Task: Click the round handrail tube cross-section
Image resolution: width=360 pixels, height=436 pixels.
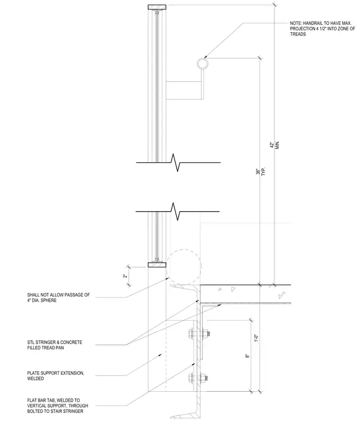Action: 203,64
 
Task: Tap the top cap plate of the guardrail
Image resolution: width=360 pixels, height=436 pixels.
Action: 157,7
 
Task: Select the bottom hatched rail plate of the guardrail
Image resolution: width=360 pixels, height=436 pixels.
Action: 157,264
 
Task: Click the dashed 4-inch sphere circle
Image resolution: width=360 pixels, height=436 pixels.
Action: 184,267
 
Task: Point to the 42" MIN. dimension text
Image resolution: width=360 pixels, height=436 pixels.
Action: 274,145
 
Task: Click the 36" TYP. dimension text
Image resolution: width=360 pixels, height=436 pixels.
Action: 261,172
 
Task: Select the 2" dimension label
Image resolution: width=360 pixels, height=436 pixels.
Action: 126,276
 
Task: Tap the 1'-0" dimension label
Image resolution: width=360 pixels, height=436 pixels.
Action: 257,337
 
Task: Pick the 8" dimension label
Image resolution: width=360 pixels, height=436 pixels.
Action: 247,356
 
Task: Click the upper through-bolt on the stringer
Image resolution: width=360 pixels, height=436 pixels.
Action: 198,334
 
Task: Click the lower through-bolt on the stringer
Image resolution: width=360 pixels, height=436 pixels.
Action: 198,378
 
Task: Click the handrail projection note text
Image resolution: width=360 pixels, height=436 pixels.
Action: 323,29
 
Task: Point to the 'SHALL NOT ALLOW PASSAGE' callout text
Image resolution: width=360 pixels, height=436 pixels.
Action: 59,298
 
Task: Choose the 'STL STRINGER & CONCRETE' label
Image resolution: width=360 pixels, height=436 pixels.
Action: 55,345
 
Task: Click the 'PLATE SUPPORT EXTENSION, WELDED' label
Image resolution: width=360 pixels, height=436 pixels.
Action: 56,376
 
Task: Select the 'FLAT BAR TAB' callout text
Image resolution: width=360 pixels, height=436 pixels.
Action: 57,406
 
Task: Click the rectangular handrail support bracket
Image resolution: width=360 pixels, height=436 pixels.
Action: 184,90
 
